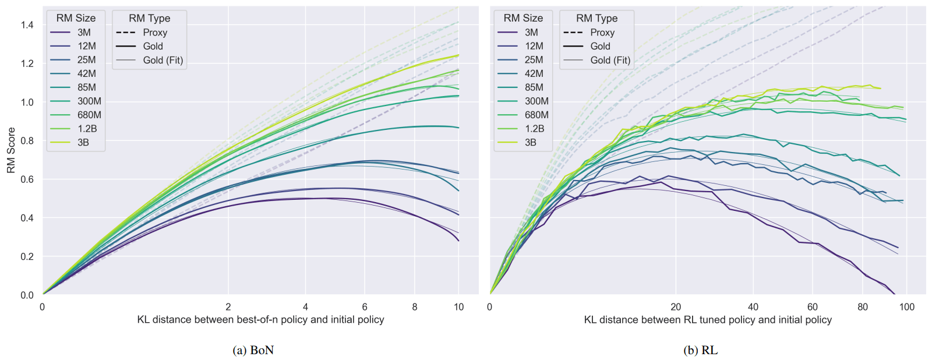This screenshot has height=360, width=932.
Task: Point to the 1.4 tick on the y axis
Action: point(27,25)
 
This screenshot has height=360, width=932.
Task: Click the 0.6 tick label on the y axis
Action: point(27,179)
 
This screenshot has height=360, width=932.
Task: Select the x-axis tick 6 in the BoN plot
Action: point(365,307)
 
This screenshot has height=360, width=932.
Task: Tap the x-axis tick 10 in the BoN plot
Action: point(459,307)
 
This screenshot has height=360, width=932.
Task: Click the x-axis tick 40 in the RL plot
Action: point(753,307)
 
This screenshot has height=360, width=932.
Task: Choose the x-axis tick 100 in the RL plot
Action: point(907,307)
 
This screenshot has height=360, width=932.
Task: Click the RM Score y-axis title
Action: point(11,150)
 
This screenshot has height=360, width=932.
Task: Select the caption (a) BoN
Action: point(253,350)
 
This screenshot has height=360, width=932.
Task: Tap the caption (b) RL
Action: point(700,350)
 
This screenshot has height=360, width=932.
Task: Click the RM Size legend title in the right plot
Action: point(523,18)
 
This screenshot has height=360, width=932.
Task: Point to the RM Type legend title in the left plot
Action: point(150,18)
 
